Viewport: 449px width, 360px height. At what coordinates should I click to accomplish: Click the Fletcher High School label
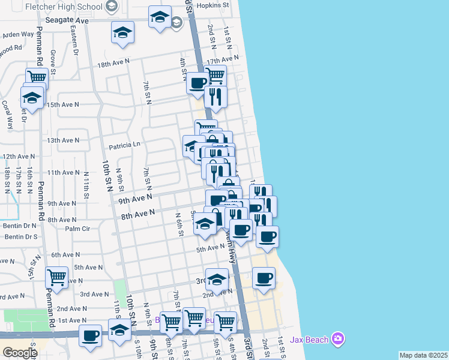pos(65,7)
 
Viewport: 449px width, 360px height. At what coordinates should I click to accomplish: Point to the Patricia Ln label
pos(124,145)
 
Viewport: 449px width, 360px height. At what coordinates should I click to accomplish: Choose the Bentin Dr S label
pos(22,237)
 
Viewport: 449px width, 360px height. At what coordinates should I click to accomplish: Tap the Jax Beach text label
pos(309,340)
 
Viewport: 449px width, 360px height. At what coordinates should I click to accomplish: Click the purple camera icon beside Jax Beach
pos(339,340)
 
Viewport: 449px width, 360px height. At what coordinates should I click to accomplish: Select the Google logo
pos(20,352)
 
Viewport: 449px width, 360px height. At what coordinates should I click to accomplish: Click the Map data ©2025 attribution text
pos(424,355)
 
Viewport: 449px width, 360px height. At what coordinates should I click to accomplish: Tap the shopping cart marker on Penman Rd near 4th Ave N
pos(56,278)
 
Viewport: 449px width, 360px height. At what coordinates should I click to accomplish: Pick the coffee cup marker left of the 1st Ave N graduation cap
pos(90,335)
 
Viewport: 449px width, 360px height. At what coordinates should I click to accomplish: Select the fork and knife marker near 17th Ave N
pos(215,95)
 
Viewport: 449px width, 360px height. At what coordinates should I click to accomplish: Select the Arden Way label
pos(19,34)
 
